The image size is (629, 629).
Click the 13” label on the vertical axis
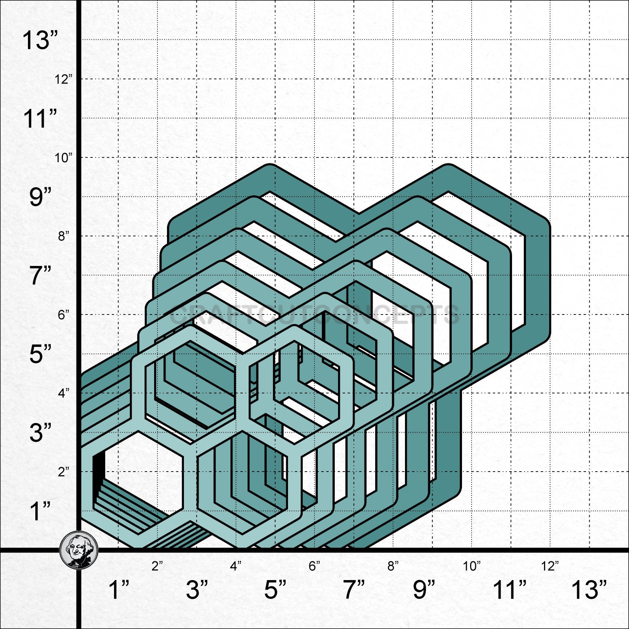point(40,40)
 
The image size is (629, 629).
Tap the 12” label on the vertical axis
point(63,79)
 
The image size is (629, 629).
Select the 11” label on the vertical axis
point(40,118)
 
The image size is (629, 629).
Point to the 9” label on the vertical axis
point(40,197)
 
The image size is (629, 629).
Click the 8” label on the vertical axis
point(63,236)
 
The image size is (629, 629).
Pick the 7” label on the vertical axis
point(40,276)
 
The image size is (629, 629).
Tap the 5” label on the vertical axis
point(40,354)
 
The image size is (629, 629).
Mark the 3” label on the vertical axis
point(40,432)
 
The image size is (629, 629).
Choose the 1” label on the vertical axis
point(40,511)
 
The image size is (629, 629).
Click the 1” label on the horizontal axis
point(119,590)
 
